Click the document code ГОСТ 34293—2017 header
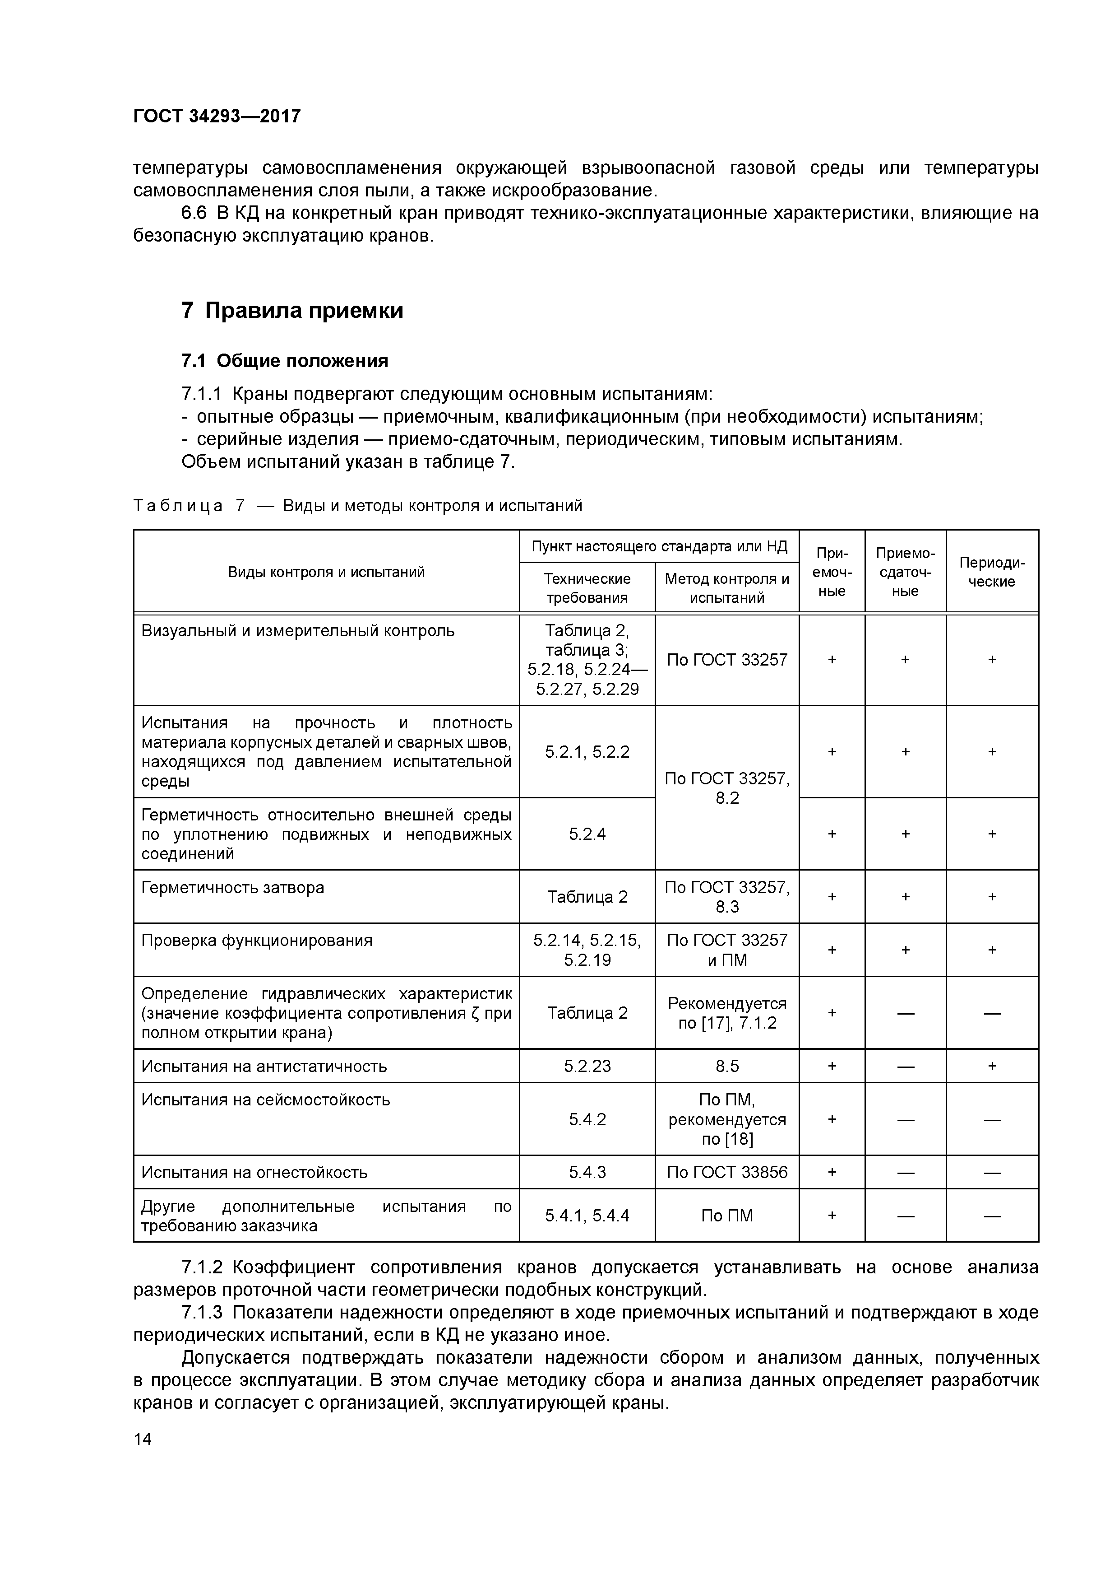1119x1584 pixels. (x=217, y=116)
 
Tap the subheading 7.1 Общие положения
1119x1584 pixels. (x=285, y=361)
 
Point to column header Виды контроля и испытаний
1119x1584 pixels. (x=326, y=572)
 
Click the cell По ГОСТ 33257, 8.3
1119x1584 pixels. (x=727, y=897)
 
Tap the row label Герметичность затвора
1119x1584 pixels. (x=232, y=887)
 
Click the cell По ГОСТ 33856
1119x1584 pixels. (x=727, y=1172)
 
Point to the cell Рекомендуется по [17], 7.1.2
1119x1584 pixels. (x=727, y=1013)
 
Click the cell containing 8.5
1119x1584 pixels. (x=727, y=1066)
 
